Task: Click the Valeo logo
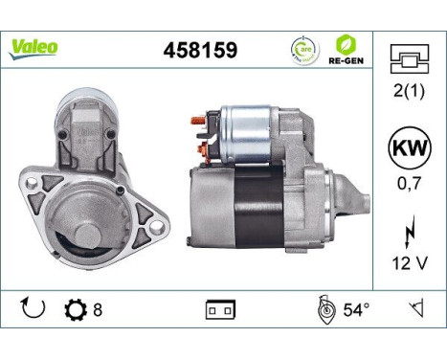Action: click(34, 46)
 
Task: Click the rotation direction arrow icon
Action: click(34, 309)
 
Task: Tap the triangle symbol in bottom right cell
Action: click(415, 309)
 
